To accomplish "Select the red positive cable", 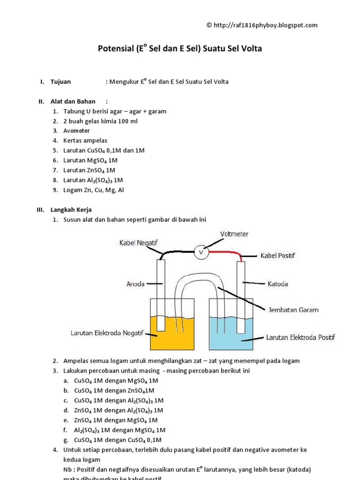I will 225,252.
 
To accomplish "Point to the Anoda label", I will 135,284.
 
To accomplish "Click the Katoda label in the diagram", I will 277,284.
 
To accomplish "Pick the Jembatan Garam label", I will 292,310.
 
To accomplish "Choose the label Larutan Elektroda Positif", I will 300,337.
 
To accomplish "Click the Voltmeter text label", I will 234,233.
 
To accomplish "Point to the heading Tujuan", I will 60,82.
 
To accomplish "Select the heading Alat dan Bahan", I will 73,101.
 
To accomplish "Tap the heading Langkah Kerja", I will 75,210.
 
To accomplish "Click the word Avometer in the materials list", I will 76,131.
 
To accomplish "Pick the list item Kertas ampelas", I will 85,141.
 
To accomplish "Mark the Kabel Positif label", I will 277,256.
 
